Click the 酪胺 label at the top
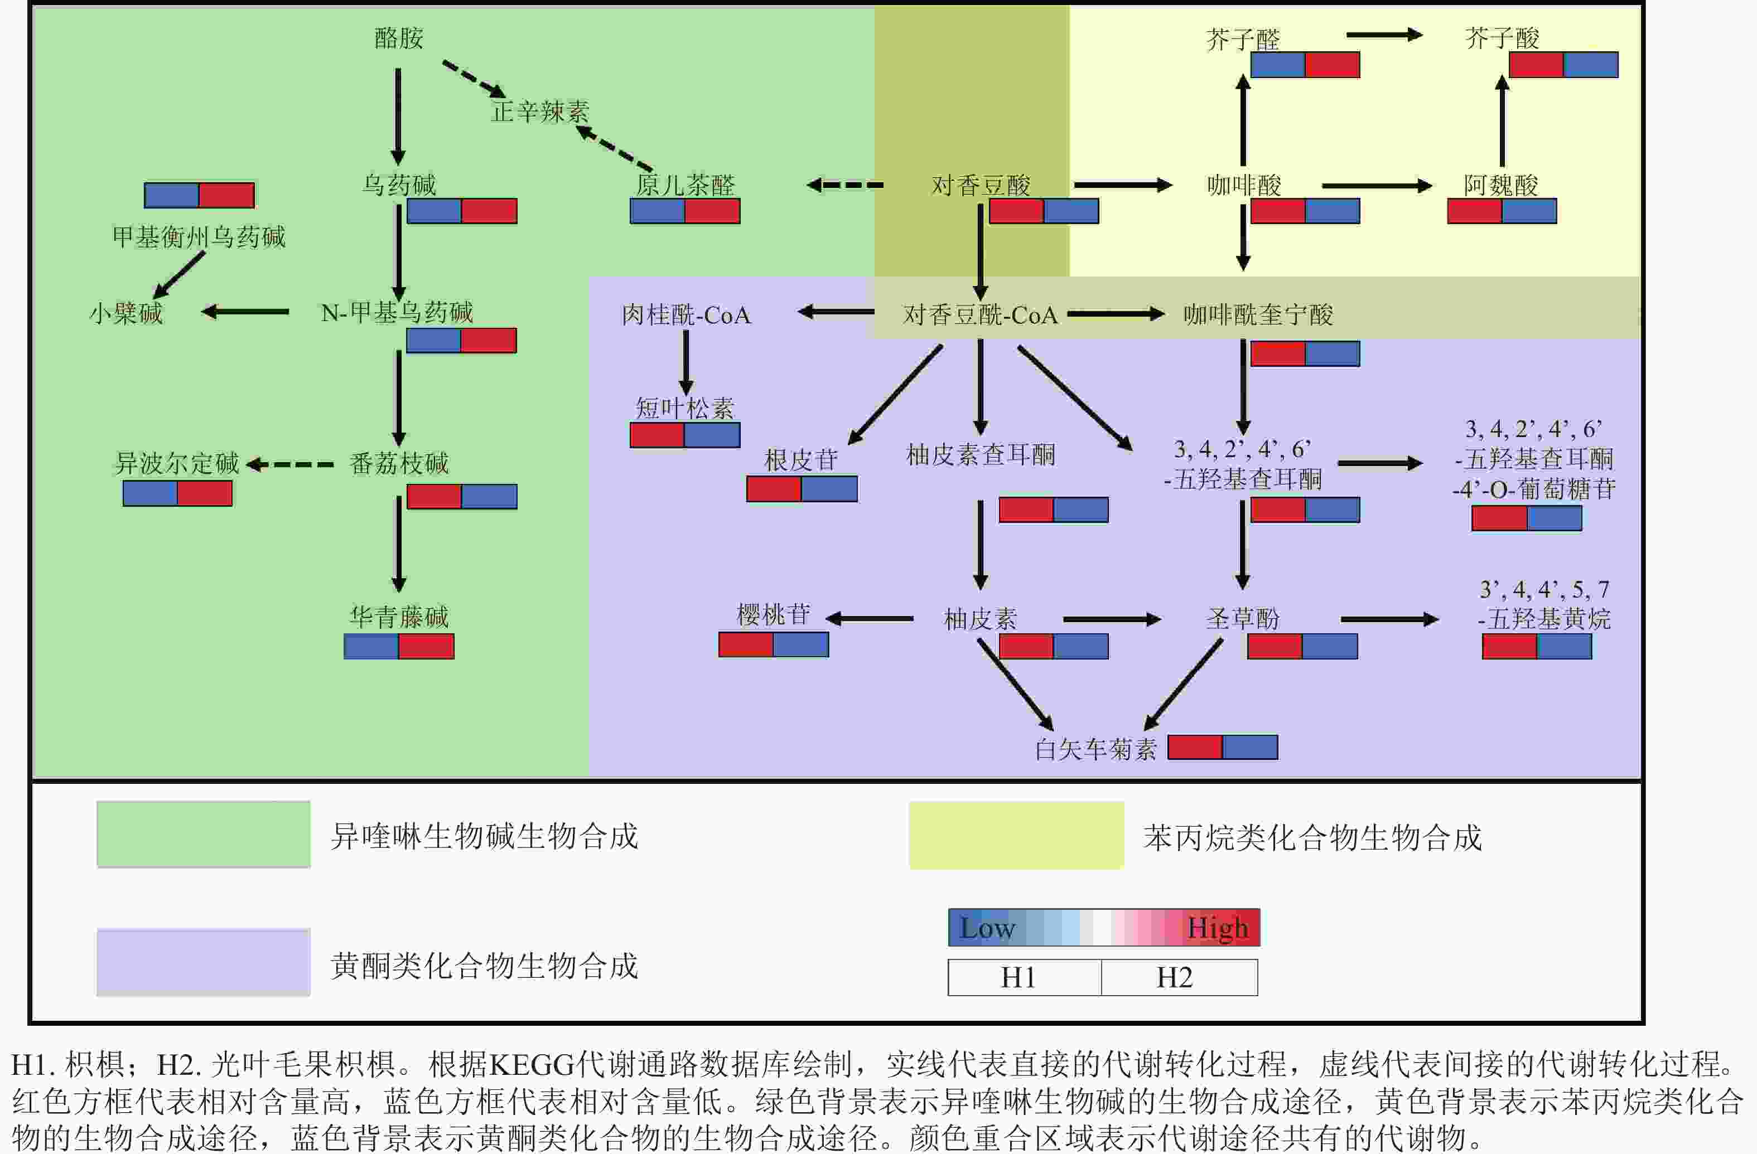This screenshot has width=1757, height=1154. coord(399,38)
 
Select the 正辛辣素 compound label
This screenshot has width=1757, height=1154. coord(540,111)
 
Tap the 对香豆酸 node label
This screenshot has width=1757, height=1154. coord(981,185)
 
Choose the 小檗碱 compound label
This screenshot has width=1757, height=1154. coord(126,313)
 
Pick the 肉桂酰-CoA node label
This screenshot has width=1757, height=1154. coord(686,315)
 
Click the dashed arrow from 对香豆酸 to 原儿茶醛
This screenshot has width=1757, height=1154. coord(845,185)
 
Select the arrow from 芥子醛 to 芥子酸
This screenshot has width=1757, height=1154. coord(1384,35)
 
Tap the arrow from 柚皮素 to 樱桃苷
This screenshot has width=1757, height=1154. coord(870,618)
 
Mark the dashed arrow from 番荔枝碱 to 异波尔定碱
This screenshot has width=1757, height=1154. coord(290,464)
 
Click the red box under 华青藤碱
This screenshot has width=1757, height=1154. coord(426,646)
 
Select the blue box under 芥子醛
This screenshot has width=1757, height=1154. coord(1278,65)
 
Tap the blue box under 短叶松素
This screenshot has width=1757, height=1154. coord(712,435)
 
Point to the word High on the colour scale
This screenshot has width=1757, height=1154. coord(1217,928)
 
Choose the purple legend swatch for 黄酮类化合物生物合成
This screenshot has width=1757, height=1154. coord(203,962)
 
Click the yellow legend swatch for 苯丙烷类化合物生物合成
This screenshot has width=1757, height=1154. coord(1016,835)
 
